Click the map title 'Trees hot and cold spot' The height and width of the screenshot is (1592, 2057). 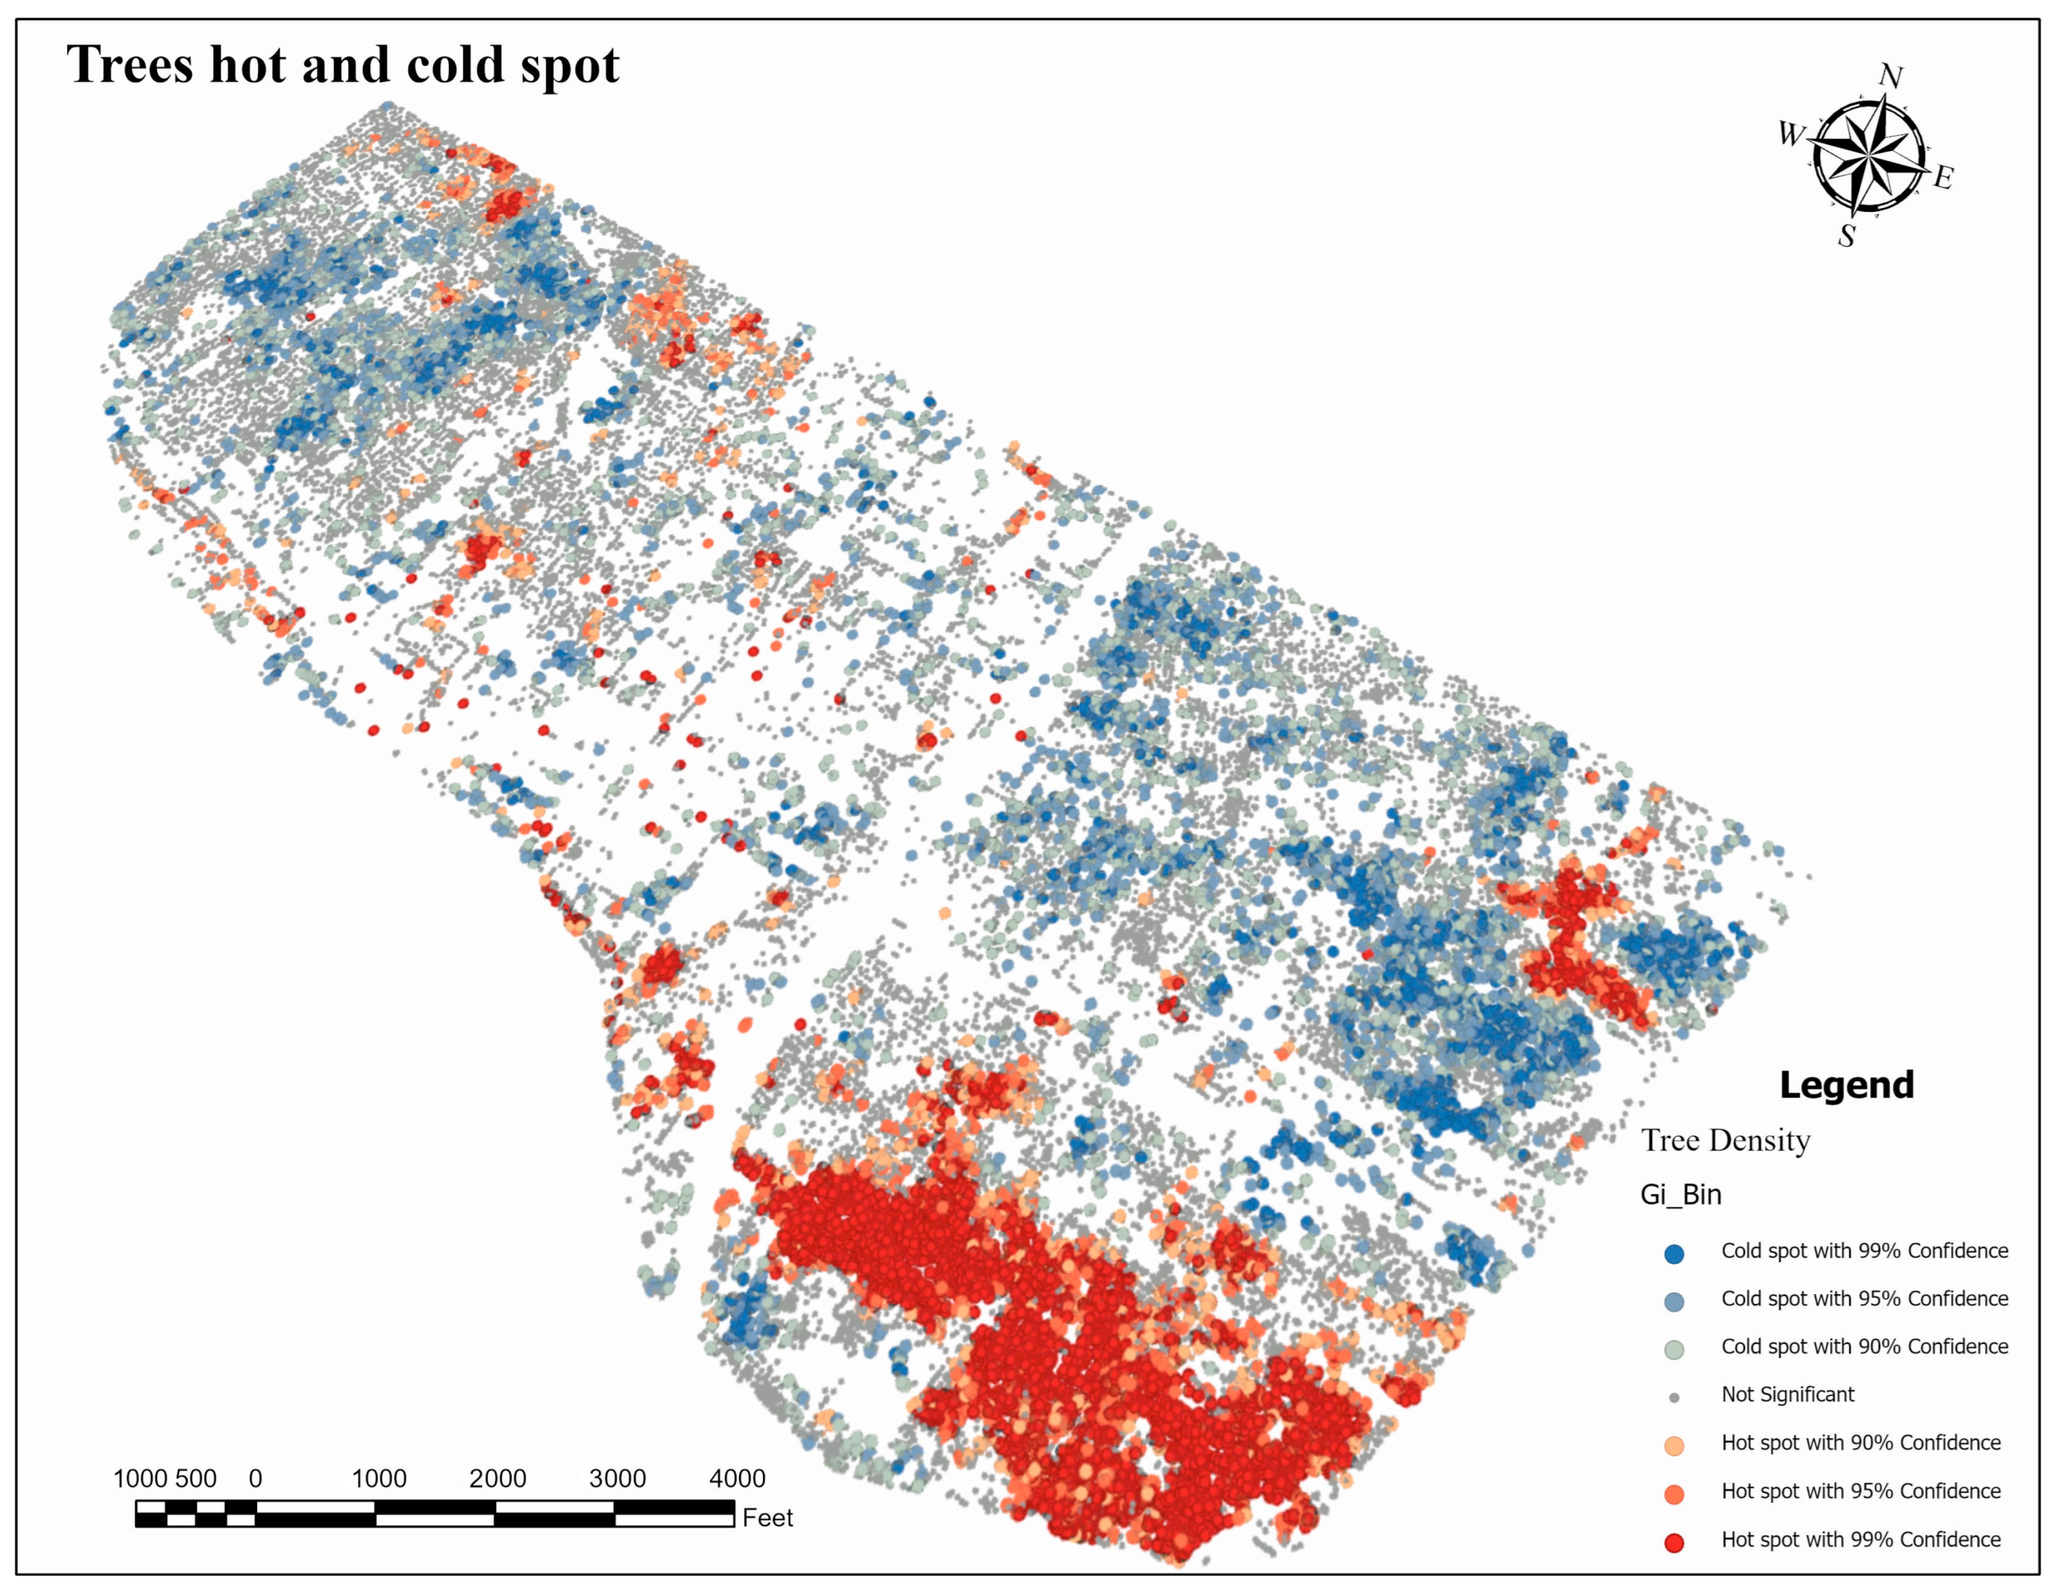(342, 65)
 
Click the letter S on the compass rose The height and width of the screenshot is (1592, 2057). (1847, 235)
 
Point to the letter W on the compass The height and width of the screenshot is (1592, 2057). (1790, 134)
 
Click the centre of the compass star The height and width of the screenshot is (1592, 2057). (1868, 156)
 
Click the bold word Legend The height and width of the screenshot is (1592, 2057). (1846, 1085)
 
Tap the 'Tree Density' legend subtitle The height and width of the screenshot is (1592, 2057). (1726, 1141)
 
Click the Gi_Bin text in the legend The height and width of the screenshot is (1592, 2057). (1681, 1195)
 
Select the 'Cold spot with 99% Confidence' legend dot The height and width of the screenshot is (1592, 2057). (1674, 1254)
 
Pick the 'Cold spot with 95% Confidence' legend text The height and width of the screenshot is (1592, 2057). (1864, 1299)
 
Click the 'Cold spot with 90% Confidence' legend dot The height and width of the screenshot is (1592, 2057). (1674, 1349)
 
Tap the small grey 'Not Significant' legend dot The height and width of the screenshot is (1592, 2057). (1674, 1398)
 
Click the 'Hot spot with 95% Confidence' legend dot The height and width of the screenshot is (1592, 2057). (1674, 1494)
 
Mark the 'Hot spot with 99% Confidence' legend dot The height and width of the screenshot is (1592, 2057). (1674, 1542)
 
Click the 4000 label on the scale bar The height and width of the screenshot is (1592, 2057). (736, 1478)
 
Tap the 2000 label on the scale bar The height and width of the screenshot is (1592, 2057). (497, 1478)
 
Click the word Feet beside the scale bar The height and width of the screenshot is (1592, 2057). (767, 1518)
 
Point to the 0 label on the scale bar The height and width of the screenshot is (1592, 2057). (255, 1478)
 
